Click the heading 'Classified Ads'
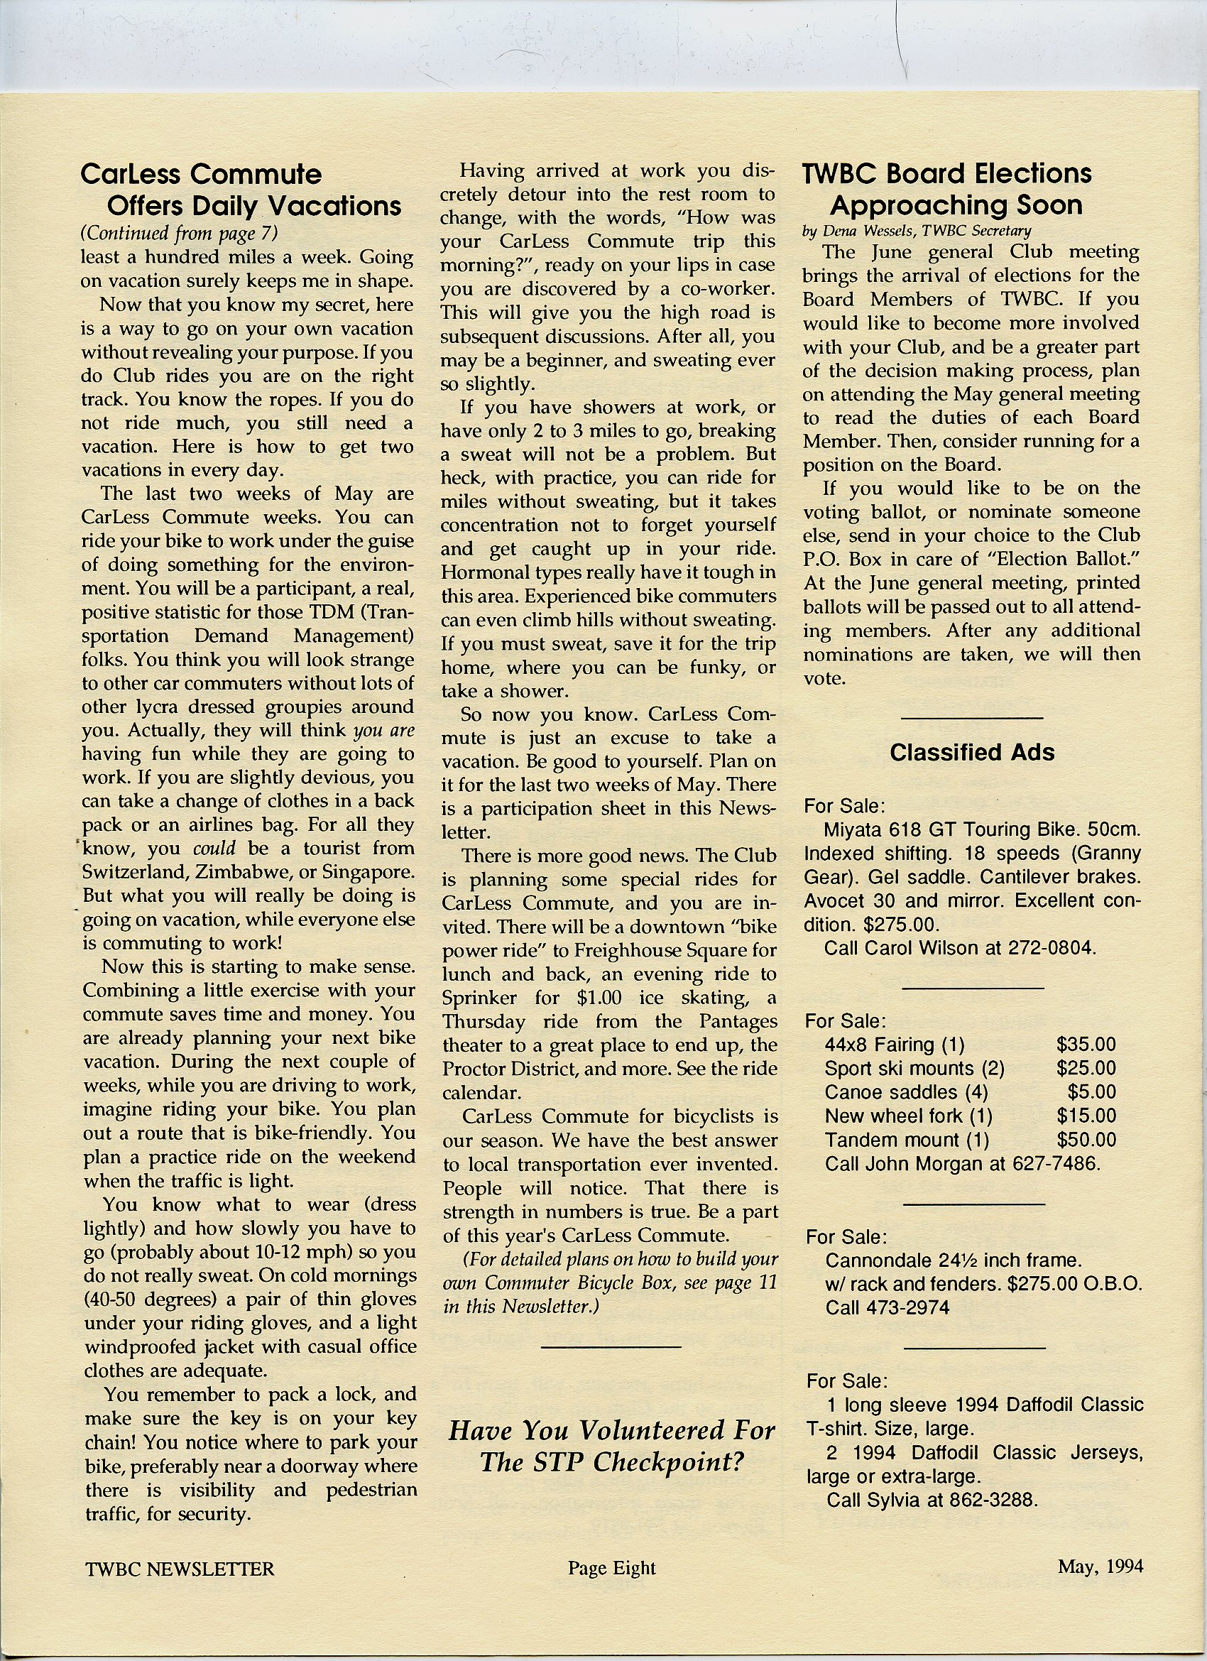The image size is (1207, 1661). point(971,752)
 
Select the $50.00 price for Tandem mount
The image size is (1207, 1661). point(1086,1140)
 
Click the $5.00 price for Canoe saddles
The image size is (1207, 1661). point(1091,1092)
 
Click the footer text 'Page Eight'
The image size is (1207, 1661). point(611,1567)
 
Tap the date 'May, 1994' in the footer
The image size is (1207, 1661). point(1100,1566)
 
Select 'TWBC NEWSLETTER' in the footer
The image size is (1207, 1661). point(180,1569)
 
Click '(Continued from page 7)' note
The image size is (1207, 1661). point(179,233)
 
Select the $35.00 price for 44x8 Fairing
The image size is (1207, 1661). point(1086,1045)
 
